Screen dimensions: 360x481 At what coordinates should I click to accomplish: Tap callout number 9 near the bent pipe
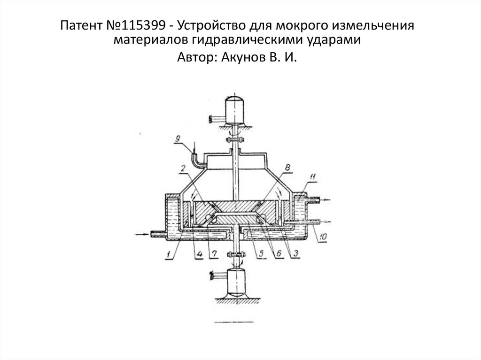click(178, 139)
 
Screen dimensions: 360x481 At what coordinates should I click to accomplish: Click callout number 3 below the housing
click(295, 254)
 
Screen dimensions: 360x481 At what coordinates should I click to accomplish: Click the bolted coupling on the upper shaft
click(236, 139)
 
